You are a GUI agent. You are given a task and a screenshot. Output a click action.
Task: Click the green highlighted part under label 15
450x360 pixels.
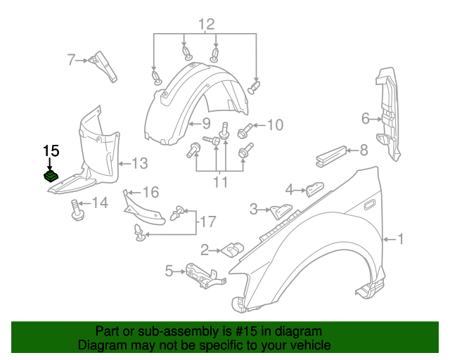click(51, 176)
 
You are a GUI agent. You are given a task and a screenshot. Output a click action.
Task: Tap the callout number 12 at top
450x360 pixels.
click(205, 25)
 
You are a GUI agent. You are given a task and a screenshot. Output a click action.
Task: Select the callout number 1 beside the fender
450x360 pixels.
click(401, 240)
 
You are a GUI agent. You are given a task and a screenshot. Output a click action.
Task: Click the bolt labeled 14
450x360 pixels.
click(76, 210)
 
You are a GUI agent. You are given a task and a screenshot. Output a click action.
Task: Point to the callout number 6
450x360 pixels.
click(366, 119)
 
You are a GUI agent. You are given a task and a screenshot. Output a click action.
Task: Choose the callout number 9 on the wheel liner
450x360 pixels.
click(198, 122)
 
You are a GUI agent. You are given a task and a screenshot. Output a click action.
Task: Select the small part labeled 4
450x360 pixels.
click(313, 188)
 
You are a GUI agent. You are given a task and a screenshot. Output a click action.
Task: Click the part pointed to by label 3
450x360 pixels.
click(282, 209)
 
